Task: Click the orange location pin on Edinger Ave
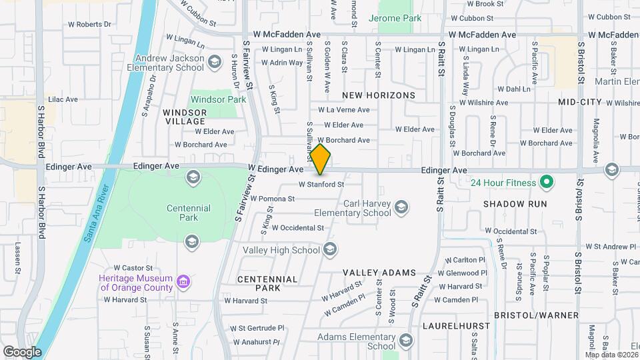[x=321, y=159]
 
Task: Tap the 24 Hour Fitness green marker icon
[x=547, y=181]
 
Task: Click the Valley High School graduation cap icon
[x=330, y=250]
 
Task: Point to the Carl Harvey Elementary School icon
[x=401, y=209]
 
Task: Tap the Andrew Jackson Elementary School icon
[x=214, y=63]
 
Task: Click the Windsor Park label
[x=218, y=99]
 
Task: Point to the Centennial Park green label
[x=189, y=213]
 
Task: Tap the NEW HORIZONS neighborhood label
[x=379, y=95]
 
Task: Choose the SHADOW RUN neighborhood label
[x=515, y=203]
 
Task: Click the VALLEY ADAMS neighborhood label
[x=379, y=273]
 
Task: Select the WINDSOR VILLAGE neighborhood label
[x=184, y=117]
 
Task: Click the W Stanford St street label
[x=321, y=184]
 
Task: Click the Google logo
[x=21, y=352]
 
